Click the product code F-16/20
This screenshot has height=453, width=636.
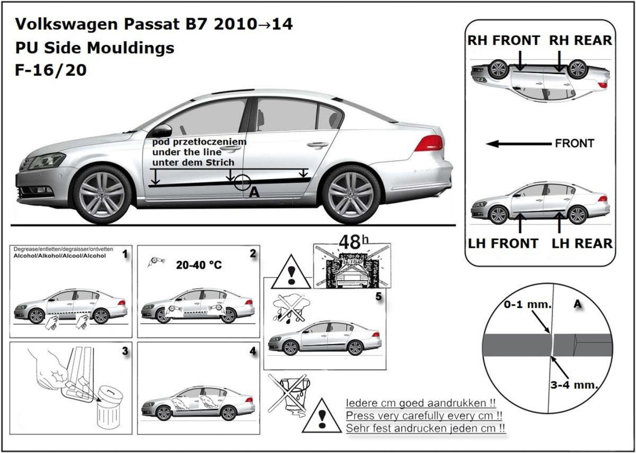click(51, 70)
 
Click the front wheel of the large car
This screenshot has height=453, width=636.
click(102, 194)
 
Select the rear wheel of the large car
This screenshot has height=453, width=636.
click(351, 194)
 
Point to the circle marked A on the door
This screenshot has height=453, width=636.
click(243, 183)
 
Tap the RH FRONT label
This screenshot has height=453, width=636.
click(503, 40)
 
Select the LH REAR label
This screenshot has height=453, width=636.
click(582, 243)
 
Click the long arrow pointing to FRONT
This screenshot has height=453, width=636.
click(518, 144)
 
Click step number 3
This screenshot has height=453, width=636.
click(125, 350)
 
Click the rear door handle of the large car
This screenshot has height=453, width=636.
click(317, 144)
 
